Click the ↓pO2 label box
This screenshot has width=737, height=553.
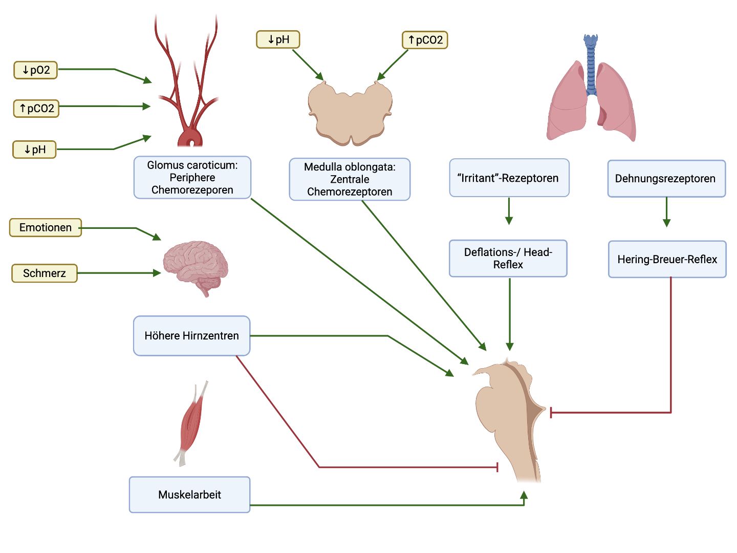pos(35,70)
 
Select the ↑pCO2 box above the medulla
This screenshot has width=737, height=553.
pos(425,40)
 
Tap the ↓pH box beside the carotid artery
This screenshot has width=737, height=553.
pos(34,150)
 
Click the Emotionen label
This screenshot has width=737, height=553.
pos(45,227)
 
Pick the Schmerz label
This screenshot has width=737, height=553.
pos(44,273)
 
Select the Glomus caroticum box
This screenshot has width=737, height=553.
pos(192,177)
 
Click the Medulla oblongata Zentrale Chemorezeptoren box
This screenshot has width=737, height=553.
pos(350,179)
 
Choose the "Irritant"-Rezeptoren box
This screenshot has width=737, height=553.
pos(509,178)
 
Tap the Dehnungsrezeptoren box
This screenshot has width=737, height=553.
pos(666,179)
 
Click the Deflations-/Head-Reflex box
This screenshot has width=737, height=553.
pos(508,258)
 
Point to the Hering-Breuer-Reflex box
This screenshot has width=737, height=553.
pos(667,259)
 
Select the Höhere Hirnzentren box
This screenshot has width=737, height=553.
pos(191,336)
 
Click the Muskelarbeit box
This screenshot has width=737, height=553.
pos(189,495)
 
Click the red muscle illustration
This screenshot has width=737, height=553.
pos(191,422)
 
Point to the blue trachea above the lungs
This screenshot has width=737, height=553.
pos(591,64)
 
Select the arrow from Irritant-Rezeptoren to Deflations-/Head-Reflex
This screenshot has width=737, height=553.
pos(509,211)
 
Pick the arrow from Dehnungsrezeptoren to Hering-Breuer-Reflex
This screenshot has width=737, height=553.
pos(666,212)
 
